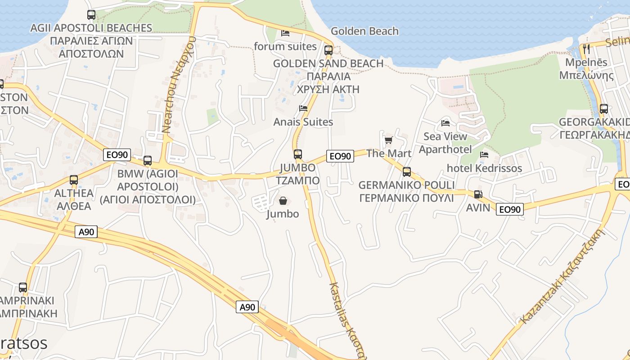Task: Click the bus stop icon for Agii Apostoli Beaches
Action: point(91,15)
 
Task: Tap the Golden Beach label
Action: point(364,31)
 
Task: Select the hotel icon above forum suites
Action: point(285,33)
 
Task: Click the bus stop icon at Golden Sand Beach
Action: point(328,50)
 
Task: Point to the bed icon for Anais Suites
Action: point(303,108)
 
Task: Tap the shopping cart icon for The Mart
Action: point(388,140)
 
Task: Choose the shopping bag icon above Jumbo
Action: point(283,201)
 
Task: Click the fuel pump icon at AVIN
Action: point(478,194)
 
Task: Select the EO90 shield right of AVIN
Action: point(510,209)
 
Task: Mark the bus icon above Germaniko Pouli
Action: point(407,172)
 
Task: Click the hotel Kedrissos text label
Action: point(484,168)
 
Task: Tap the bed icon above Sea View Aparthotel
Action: point(445,123)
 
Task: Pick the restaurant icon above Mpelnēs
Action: point(586,49)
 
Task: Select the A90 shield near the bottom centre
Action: point(247,307)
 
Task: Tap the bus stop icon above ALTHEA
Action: point(74,180)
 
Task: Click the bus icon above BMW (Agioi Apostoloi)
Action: point(147,161)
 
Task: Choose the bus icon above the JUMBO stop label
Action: point(297,154)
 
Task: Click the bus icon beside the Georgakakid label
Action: point(603,109)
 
